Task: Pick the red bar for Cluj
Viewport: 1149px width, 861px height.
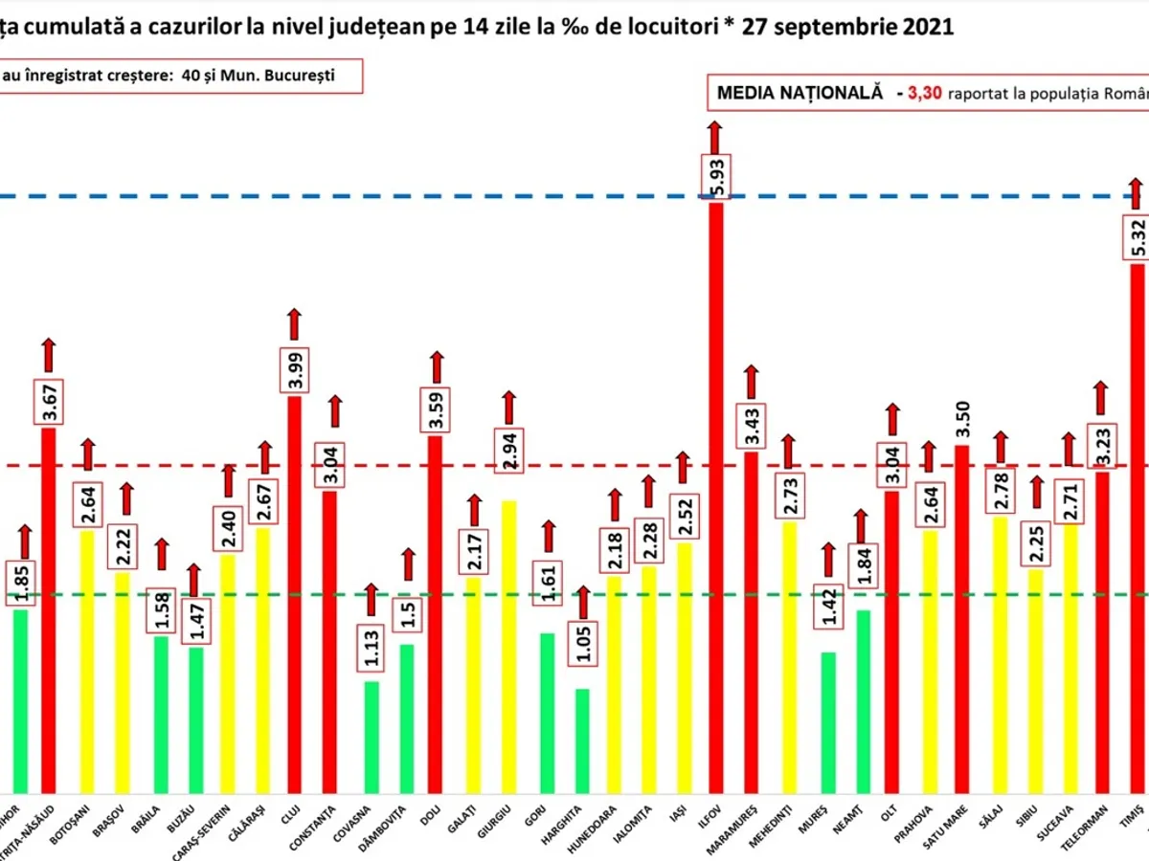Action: click(x=295, y=593)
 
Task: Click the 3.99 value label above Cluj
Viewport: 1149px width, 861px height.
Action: click(x=295, y=367)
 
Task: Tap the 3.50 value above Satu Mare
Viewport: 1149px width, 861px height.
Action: click(x=961, y=415)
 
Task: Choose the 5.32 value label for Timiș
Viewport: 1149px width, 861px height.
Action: click(x=1137, y=234)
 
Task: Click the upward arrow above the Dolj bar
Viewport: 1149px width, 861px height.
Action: click(x=437, y=366)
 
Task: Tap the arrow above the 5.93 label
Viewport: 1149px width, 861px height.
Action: click(x=712, y=135)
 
